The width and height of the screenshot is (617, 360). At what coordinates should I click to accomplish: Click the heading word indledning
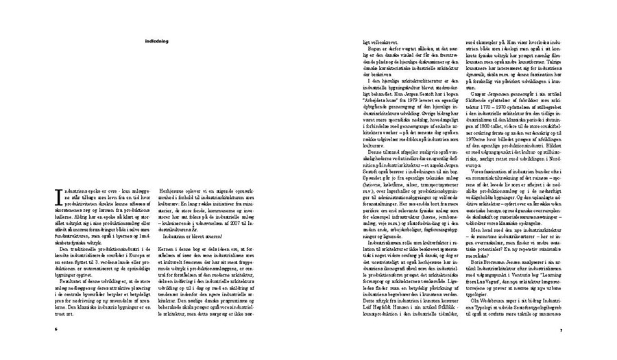tap(157, 41)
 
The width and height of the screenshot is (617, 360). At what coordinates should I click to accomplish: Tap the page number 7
tap(560, 329)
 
